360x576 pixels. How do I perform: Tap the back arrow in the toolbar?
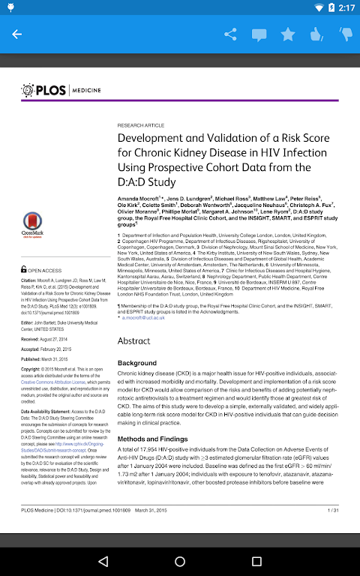point(16,34)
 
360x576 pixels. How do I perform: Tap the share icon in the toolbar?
point(230,34)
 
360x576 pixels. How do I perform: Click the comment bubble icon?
point(259,34)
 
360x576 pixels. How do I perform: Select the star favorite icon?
point(288,34)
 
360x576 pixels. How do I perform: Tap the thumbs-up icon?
point(316,34)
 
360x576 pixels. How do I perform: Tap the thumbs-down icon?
point(345,34)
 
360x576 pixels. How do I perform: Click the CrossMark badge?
point(32,223)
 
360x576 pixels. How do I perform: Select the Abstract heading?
point(134,340)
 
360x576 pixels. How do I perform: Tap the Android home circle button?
point(180,560)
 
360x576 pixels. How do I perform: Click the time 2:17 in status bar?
point(346,7)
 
